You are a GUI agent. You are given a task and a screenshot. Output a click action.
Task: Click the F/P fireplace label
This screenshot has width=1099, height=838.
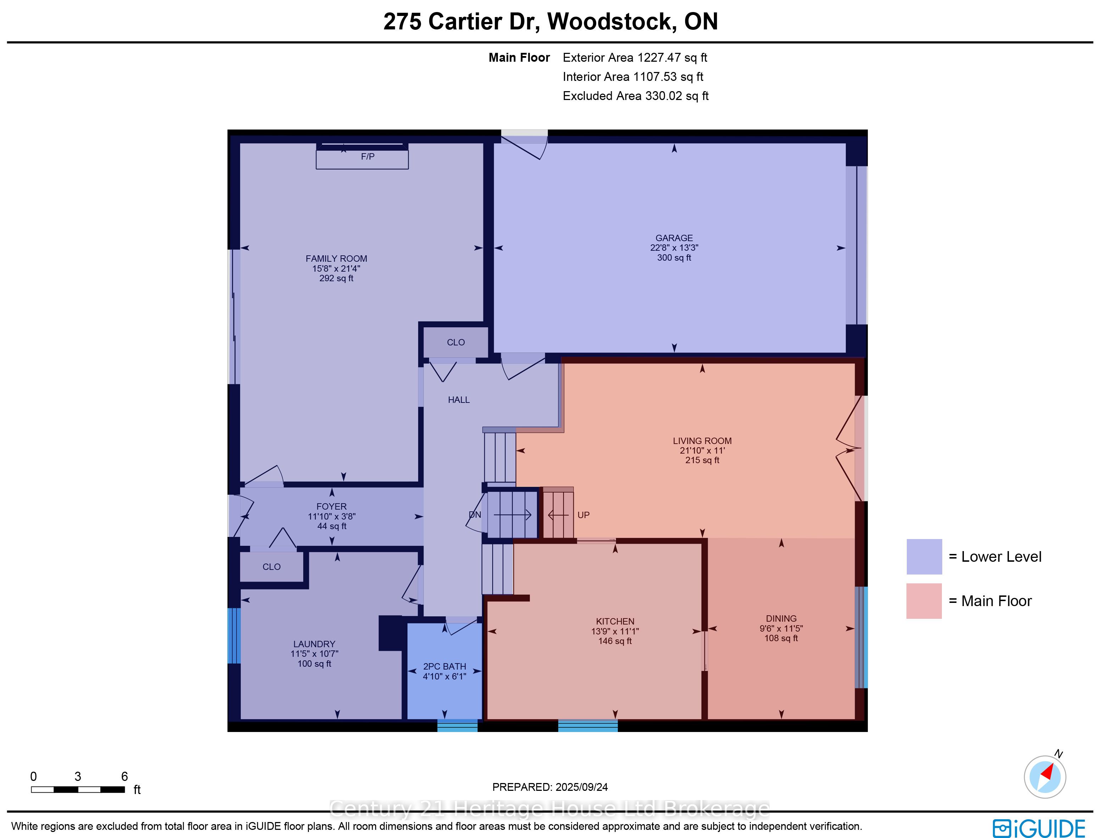[x=368, y=157]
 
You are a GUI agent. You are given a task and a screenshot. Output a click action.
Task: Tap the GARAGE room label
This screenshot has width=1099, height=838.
[x=674, y=238]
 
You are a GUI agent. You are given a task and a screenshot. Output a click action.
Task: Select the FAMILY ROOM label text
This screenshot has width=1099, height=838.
[x=336, y=259]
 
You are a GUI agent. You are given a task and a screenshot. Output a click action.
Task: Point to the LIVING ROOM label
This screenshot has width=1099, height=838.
[x=702, y=441]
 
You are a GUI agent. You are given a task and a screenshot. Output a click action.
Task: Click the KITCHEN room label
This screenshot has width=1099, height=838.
[x=615, y=622]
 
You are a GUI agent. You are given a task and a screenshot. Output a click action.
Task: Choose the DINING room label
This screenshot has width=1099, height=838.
[x=781, y=618]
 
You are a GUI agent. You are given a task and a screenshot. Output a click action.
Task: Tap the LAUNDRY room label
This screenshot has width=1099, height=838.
[x=314, y=644]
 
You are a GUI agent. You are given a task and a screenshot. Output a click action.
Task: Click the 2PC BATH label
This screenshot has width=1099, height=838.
[x=444, y=666]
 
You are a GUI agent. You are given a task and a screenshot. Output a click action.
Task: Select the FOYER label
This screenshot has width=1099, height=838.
[x=331, y=506]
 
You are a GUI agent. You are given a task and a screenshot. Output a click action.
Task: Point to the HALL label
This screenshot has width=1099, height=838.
[x=459, y=400]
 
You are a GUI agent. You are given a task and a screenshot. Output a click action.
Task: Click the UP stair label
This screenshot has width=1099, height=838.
[x=583, y=515]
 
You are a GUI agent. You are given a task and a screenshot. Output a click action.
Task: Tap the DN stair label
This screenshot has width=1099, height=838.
[x=475, y=515]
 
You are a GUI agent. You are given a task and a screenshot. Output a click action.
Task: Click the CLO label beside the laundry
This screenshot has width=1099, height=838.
[x=271, y=567]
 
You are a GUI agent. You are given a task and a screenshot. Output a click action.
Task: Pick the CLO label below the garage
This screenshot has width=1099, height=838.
[x=455, y=342]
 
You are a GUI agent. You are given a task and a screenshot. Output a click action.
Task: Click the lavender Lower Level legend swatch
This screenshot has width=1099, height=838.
[x=924, y=557]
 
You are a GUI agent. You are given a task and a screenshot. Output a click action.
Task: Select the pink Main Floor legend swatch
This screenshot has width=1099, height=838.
[x=924, y=601]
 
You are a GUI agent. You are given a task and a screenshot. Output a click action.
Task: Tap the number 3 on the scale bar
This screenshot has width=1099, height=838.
[x=78, y=777]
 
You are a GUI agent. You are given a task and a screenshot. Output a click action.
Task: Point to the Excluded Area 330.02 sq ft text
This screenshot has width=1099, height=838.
[x=635, y=96]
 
